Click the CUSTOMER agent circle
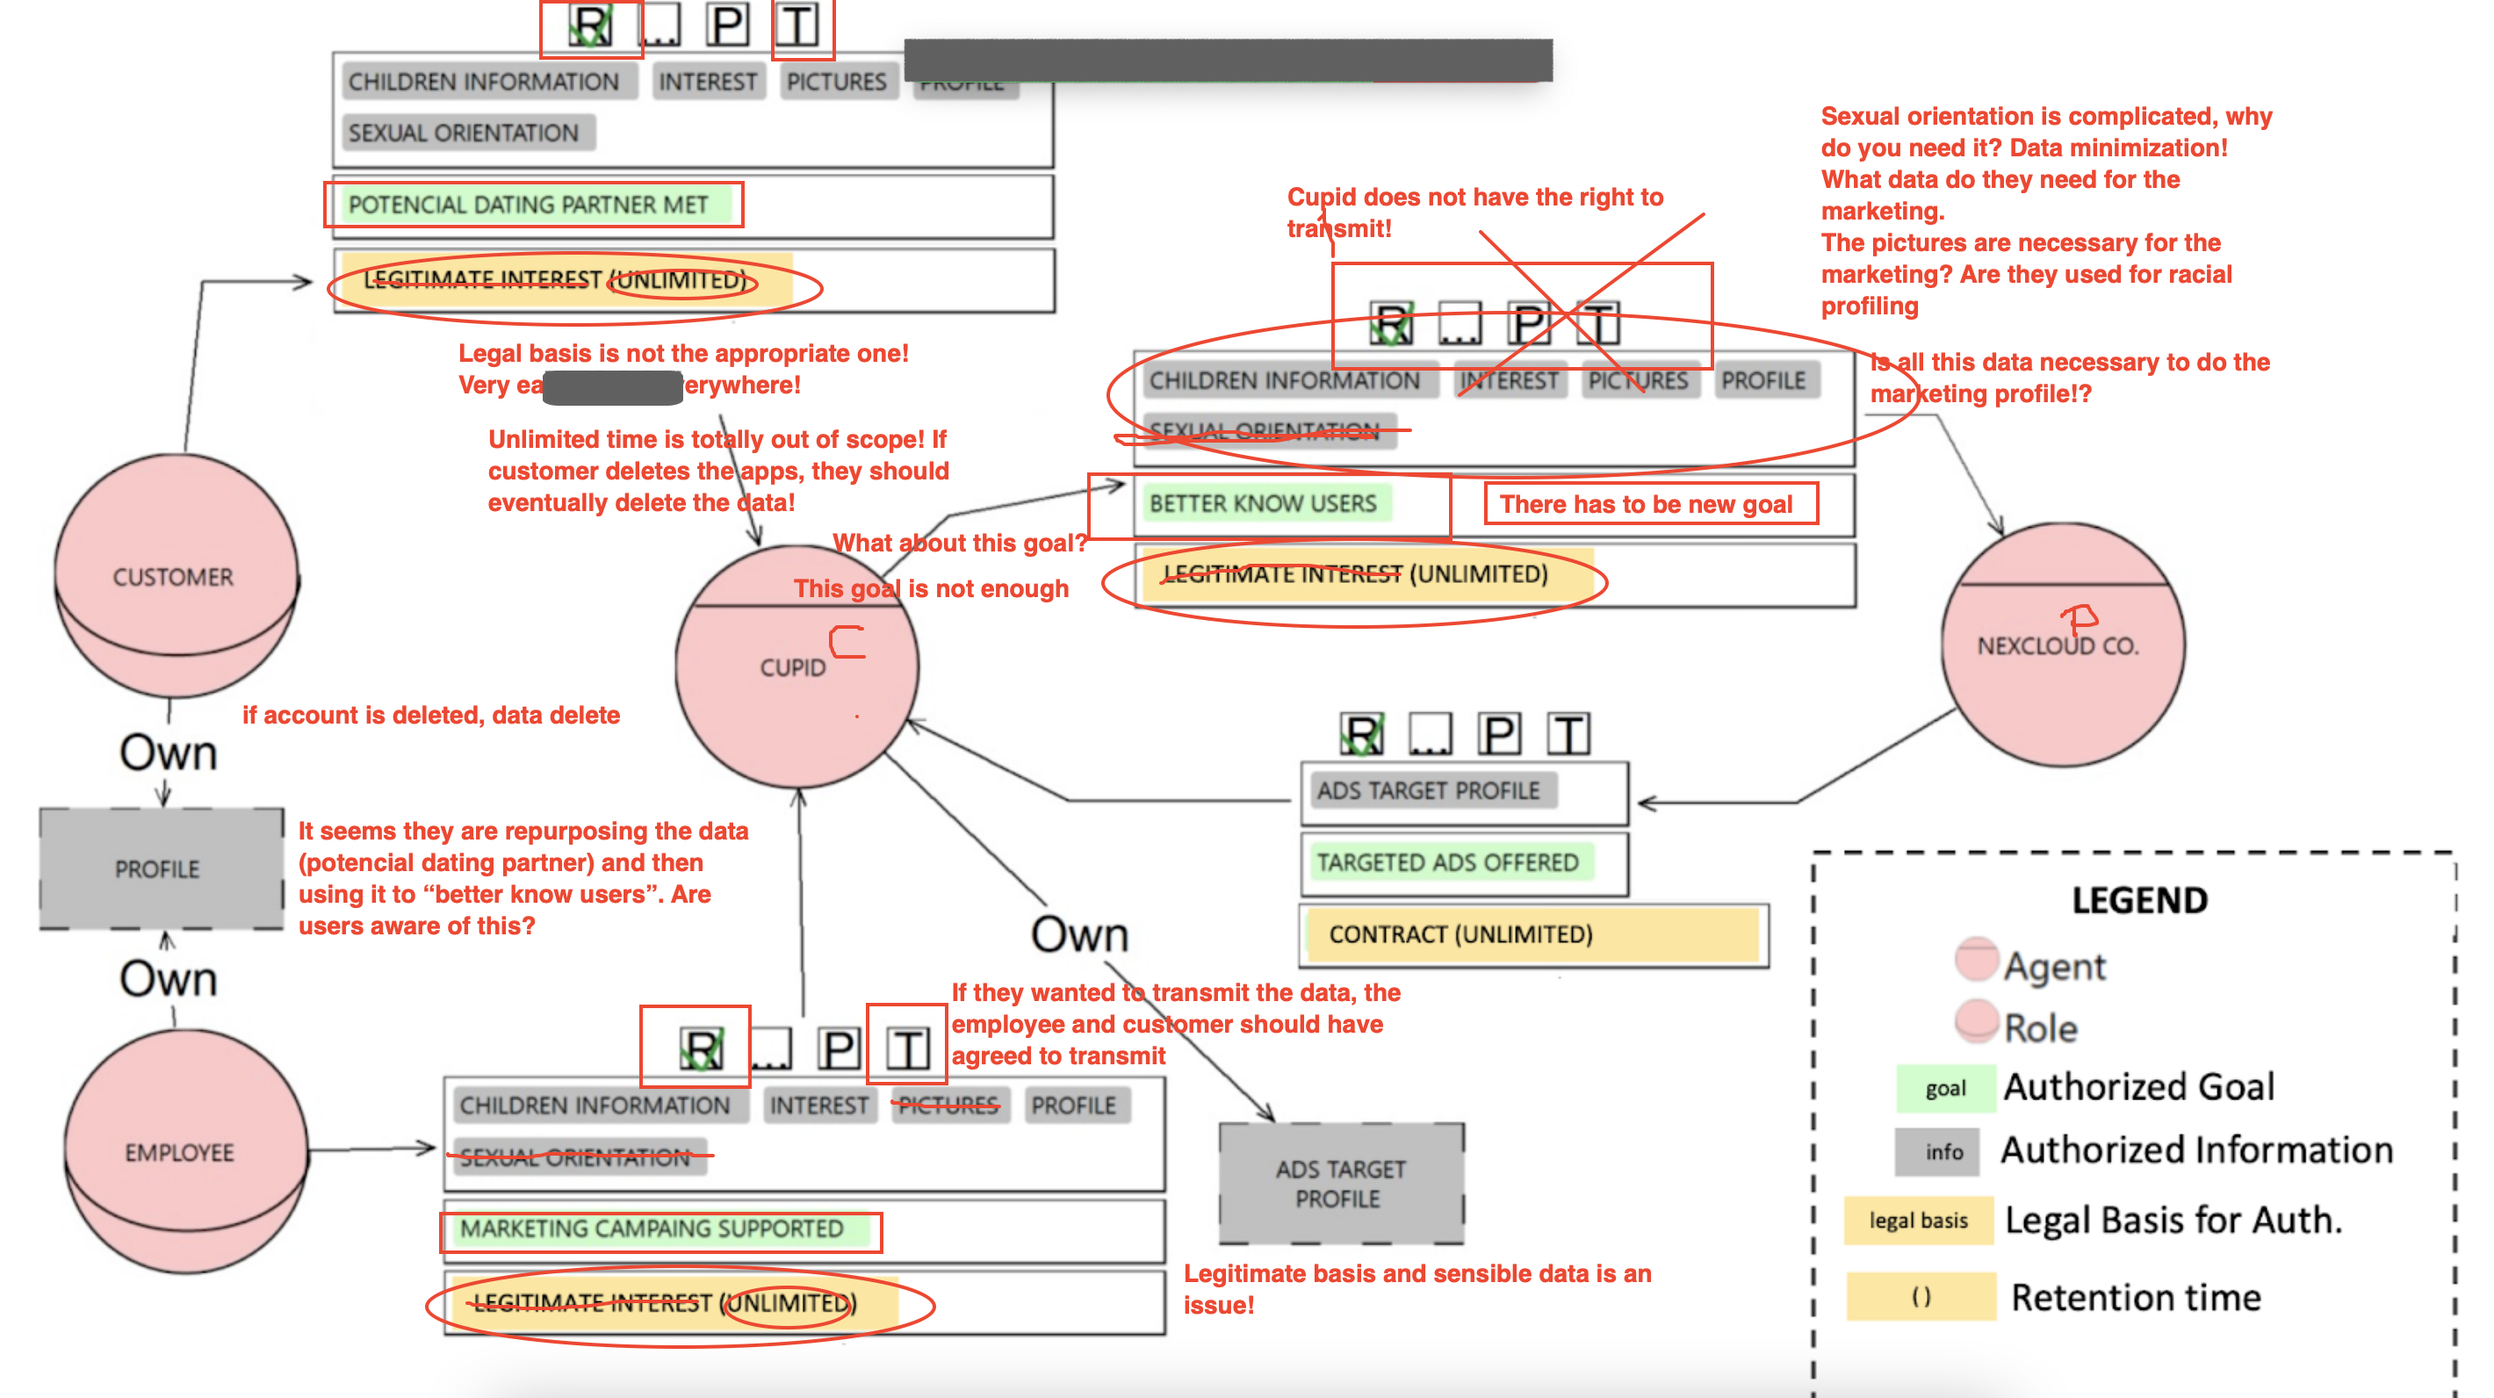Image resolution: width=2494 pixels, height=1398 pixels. click(174, 576)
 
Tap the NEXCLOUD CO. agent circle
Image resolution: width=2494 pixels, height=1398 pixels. click(2062, 645)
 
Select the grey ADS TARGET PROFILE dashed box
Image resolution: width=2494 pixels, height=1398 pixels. click(1340, 1183)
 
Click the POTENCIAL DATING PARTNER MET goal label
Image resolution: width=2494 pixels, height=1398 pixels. click(529, 205)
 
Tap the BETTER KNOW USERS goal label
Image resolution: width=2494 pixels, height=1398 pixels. click(1263, 503)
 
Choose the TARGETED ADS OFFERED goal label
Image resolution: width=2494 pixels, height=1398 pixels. click(1446, 861)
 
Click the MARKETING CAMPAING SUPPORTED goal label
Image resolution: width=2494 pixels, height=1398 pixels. click(652, 1229)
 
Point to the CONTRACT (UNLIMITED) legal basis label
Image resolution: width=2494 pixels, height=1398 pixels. click(1460, 934)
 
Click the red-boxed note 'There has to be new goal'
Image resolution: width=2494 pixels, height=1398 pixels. click(1650, 504)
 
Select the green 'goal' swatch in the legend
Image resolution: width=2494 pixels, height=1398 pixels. click(1944, 1088)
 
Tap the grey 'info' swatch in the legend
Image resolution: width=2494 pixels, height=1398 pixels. click(1943, 1152)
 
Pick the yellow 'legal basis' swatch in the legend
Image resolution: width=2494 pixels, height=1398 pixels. click(1917, 1221)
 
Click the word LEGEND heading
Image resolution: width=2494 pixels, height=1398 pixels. click(2138, 900)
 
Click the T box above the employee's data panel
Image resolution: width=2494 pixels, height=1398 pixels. click(907, 1048)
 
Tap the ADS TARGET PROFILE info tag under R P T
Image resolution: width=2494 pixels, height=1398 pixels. click(1428, 790)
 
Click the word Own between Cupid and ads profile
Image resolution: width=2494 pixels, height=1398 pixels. click(1079, 934)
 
